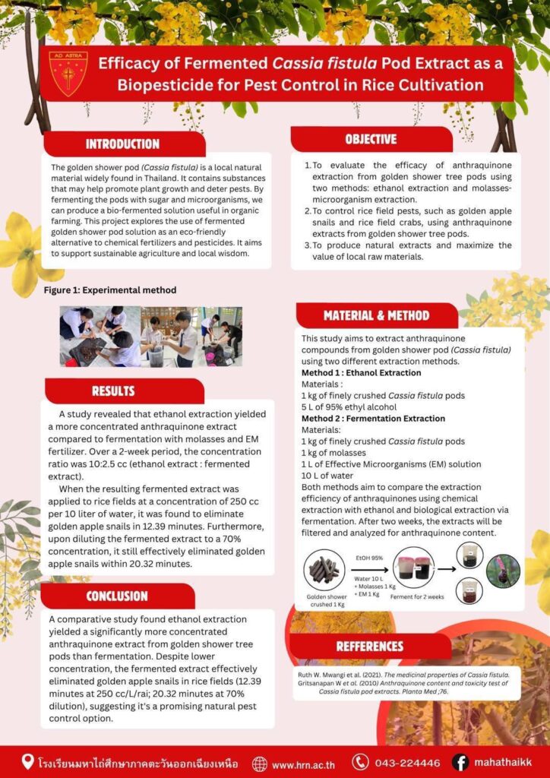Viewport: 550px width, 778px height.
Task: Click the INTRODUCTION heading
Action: click(x=122, y=144)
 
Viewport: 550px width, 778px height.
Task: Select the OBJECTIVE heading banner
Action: click(x=371, y=140)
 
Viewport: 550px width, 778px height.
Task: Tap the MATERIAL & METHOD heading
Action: click(x=376, y=315)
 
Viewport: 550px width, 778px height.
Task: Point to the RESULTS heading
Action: click(x=113, y=391)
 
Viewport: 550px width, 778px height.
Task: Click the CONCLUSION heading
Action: click(x=116, y=596)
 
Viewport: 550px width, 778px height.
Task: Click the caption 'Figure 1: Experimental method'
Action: click(x=110, y=290)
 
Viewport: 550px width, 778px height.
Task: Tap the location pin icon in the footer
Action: click(x=28, y=762)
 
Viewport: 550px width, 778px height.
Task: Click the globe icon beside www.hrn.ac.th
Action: click(x=260, y=764)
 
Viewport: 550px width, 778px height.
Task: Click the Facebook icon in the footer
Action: click(x=460, y=763)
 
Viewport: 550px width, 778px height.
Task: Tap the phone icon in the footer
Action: click(x=360, y=763)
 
